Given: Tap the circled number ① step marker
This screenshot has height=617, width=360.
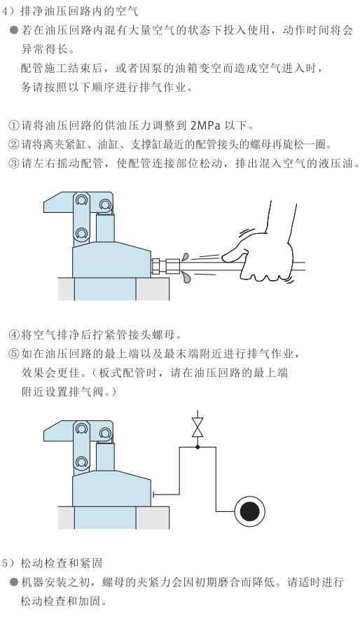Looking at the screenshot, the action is click(x=14, y=126).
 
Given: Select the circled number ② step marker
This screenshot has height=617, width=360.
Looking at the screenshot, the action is click(x=14, y=144).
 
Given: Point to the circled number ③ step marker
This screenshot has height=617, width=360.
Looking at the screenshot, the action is click(x=14, y=163).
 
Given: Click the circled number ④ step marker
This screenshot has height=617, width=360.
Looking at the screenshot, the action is click(x=14, y=335).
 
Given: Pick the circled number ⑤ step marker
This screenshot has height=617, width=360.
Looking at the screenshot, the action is click(x=14, y=354).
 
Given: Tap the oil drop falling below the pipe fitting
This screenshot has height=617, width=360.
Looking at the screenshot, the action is click(x=187, y=278).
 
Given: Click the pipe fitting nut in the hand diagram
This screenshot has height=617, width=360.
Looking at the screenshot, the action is click(x=172, y=265).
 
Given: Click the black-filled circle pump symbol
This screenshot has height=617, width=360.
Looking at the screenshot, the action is click(x=250, y=511).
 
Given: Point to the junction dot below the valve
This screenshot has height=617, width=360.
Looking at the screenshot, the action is click(x=198, y=447).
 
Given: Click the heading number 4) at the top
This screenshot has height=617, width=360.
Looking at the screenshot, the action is click(x=8, y=11).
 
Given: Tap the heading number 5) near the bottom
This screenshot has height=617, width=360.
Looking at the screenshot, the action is click(x=8, y=563).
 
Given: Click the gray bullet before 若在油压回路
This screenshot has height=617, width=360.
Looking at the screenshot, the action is click(x=14, y=30).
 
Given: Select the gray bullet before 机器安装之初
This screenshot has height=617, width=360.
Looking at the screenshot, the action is click(x=14, y=582).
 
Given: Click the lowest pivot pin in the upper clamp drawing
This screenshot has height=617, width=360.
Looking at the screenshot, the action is click(x=81, y=234).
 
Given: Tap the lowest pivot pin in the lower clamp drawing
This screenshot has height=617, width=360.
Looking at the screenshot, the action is click(x=81, y=462).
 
